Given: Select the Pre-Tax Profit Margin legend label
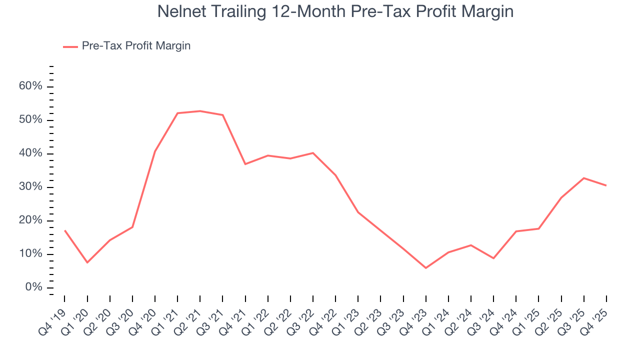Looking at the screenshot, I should click(x=136, y=46).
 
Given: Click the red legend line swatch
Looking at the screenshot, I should click(x=70, y=46).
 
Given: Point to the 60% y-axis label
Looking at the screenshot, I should click(x=30, y=86).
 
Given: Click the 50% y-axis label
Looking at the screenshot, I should click(x=30, y=120).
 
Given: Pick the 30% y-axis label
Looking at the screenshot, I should click(x=30, y=187).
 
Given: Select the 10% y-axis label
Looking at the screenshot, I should click(x=30, y=254).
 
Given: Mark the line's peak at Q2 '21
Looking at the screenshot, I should click(x=200, y=111).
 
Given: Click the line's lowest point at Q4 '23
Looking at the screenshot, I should click(x=426, y=268).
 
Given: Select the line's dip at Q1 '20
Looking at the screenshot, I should click(x=87, y=262).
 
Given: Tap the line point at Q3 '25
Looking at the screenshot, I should click(x=584, y=178).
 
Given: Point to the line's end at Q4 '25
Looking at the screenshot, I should click(x=606, y=185).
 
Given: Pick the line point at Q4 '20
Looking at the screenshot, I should click(x=155, y=151).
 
